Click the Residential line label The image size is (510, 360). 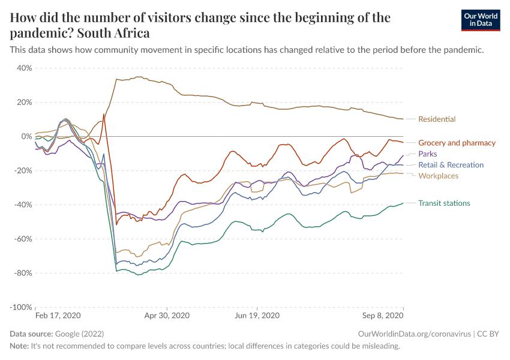[x=436, y=119]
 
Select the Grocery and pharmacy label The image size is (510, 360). [x=457, y=143]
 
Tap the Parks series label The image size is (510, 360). [x=427, y=154]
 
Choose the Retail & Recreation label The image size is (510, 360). [x=451, y=164]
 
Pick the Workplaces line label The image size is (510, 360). [x=438, y=176]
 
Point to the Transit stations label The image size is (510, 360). [x=444, y=203]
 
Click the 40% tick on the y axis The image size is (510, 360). [x=24, y=68]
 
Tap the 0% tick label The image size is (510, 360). [x=26, y=136]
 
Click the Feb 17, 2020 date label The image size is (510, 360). [x=58, y=315]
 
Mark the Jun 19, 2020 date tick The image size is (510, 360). [x=257, y=315]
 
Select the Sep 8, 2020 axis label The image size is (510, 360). [x=383, y=315]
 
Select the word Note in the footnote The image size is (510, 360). [x=19, y=346]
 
